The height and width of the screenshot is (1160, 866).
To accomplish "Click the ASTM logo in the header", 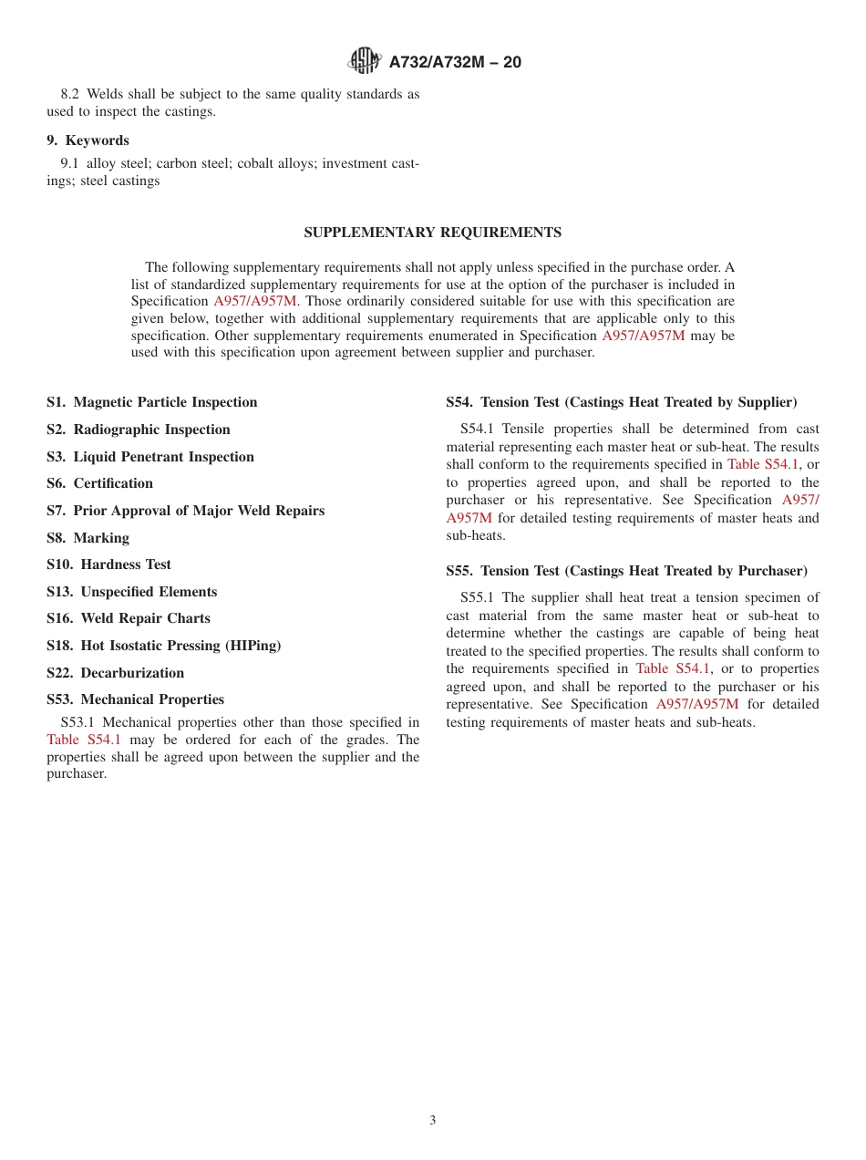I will click(365, 62).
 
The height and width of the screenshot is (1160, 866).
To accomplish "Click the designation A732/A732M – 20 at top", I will click(455, 63).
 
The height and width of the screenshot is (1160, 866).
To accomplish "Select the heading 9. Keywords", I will click(88, 140).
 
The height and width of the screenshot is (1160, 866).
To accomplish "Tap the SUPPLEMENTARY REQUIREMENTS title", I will click(432, 233).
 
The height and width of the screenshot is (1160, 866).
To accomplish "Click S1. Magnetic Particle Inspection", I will click(151, 402).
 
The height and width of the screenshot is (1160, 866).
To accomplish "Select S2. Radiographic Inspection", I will click(138, 430).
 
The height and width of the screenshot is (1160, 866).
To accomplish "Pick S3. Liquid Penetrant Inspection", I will click(149, 457).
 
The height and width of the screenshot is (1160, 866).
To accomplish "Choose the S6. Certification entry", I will click(99, 483).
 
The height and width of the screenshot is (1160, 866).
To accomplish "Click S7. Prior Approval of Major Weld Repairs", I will click(185, 511).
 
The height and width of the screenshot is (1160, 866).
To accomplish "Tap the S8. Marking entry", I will click(88, 538).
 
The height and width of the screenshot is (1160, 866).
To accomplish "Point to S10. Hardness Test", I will click(108, 564).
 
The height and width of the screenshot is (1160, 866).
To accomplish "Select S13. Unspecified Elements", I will click(131, 592).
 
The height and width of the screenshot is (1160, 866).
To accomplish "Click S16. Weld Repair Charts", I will click(128, 618).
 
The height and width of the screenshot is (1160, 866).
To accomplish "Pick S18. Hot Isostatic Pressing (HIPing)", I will click(163, 646).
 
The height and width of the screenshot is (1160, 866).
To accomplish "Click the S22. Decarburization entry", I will click(115, 673).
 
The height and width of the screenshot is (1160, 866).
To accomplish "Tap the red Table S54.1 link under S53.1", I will click(83, 740).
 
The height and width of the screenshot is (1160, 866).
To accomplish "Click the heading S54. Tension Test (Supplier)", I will click(621, 402).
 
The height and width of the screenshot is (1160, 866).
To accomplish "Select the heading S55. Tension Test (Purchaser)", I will click(626, 571).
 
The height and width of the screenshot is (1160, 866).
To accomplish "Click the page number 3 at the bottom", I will click(433, 1121).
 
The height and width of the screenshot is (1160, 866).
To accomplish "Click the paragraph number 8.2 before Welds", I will click(70, 95).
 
